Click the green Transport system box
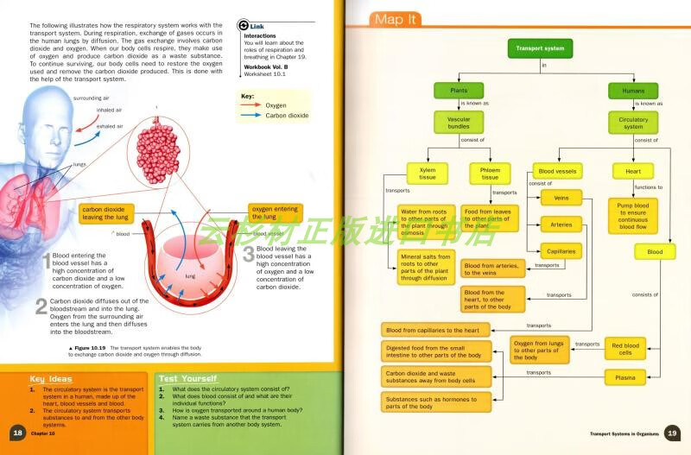(540, 49)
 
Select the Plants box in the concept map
(460, 91)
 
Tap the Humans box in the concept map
(632, 91)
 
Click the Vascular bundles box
(459, 122)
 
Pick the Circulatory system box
(632, 122)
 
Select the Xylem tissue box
(427, 174)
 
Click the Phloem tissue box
(490, 174)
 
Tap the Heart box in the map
(632, 172)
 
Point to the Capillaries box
(561, 251)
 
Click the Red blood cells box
(626, 348)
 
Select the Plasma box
(626, 377)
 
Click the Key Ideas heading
(51, 379)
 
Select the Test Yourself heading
(187, 378)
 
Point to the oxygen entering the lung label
(276, 212)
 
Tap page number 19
(674, 433)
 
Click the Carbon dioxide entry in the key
(287, 115)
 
